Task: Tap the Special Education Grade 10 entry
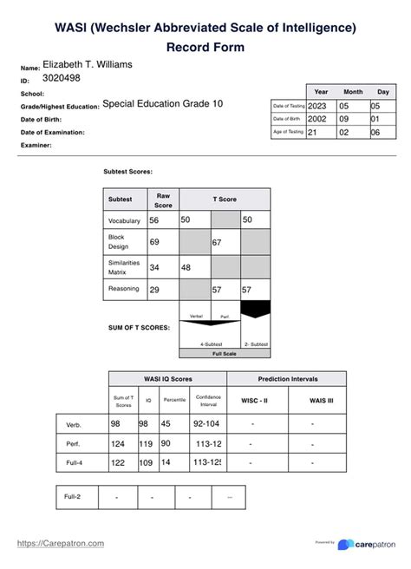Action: pyautogui.click(x=162, y=103)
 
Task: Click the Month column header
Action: pyautogui.click(x=353, y=91)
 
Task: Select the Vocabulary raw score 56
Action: pyautogui.click(x=155, y=221)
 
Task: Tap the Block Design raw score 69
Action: pyautogui.click(x=155, y=244)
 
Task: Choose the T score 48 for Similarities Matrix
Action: pyautogui.click(x=186, y=268)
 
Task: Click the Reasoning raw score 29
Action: pyautogui.click(x=155, y=290)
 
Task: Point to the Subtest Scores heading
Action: pyautogui.click(x=127, y=172)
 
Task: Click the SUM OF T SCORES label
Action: pyautogui.click(x=139, y=327)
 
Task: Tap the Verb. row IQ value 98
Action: pyautogui.click(x=144, y=423)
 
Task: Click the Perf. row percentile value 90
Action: pyautogui.click(x=167, y=443)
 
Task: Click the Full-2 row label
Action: pyautogui.click(x=75, y=496)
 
